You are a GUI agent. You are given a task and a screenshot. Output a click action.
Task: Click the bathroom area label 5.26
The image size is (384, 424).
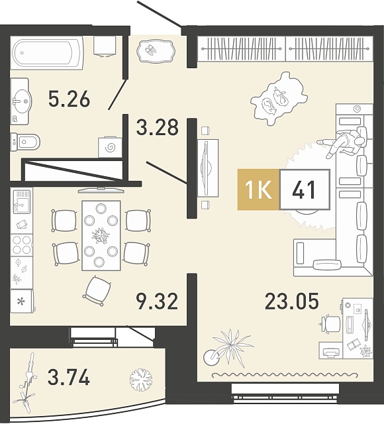[69, 99]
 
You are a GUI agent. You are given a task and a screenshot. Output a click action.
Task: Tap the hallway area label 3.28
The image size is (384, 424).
[158, 127]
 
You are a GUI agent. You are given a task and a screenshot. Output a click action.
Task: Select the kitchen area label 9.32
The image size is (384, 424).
[158, 301]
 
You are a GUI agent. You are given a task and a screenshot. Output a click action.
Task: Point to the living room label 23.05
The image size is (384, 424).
[292, 301]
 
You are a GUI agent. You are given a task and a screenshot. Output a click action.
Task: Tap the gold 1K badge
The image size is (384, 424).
[258, 189]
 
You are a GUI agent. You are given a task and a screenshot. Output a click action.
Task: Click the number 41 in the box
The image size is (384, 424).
[304, 190]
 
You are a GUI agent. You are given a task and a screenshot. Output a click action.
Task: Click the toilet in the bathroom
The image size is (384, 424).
[25, 142]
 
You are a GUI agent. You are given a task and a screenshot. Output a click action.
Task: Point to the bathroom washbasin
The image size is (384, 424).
[21, 101]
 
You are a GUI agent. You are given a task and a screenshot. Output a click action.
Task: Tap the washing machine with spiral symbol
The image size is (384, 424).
[110, 147]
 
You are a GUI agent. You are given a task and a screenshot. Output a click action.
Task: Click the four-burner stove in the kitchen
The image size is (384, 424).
[22, 245]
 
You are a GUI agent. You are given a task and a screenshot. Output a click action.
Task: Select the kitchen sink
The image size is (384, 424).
[22, 201]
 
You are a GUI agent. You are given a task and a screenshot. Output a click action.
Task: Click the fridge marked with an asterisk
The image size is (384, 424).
[22, 301]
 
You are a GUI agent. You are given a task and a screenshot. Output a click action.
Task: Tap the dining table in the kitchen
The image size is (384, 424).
[101, 235]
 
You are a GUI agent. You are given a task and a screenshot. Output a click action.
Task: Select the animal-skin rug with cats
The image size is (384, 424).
[278, 99]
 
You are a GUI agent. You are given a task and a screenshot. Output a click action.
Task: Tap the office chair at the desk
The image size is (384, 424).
[329, 324]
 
